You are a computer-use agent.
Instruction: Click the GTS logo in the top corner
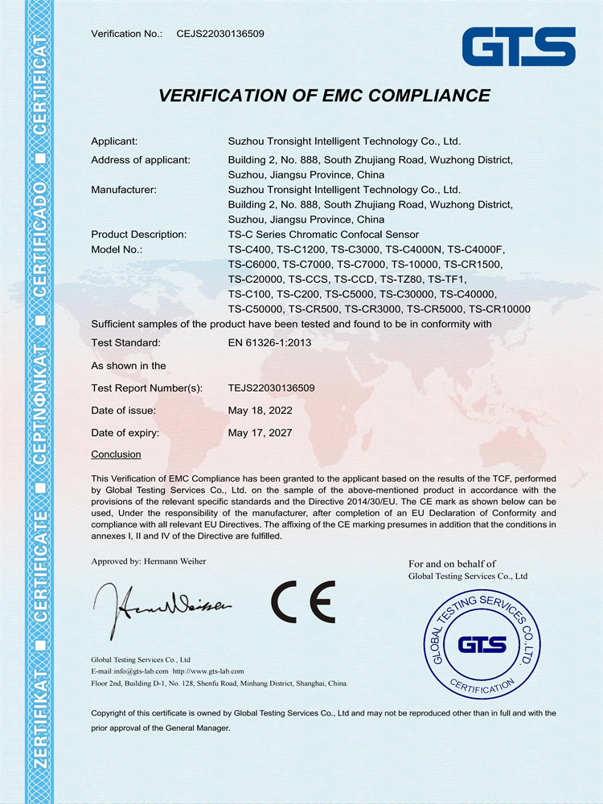[518, 47]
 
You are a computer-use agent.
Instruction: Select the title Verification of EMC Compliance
[324, 95]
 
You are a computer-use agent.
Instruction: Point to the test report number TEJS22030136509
[271, 388]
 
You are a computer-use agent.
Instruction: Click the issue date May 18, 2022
[260, 410]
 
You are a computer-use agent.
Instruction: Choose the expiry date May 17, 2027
[260, 433]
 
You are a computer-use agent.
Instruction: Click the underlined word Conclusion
[116, 454]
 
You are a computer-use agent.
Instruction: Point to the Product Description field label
[139, 234]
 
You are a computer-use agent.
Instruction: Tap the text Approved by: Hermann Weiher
[149, 560]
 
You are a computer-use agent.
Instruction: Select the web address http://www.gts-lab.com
[208, 670]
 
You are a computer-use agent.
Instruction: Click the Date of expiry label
[125, 433]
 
